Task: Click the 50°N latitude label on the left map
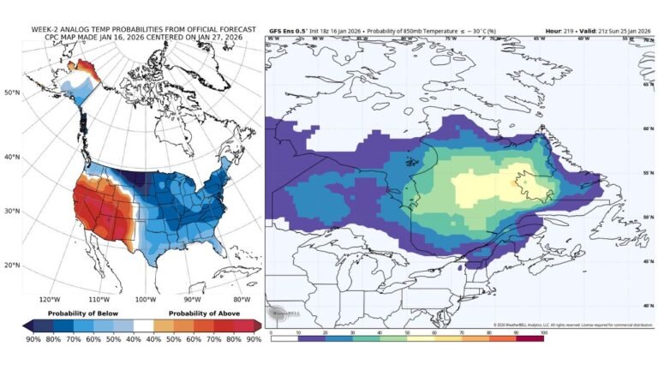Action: (12, 92)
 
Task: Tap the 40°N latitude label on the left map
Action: (12, 157)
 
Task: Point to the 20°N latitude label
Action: (12, 265)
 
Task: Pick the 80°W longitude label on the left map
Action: (242, 300)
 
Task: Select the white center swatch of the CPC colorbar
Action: (141, 325)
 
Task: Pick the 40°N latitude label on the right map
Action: (649, 304)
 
